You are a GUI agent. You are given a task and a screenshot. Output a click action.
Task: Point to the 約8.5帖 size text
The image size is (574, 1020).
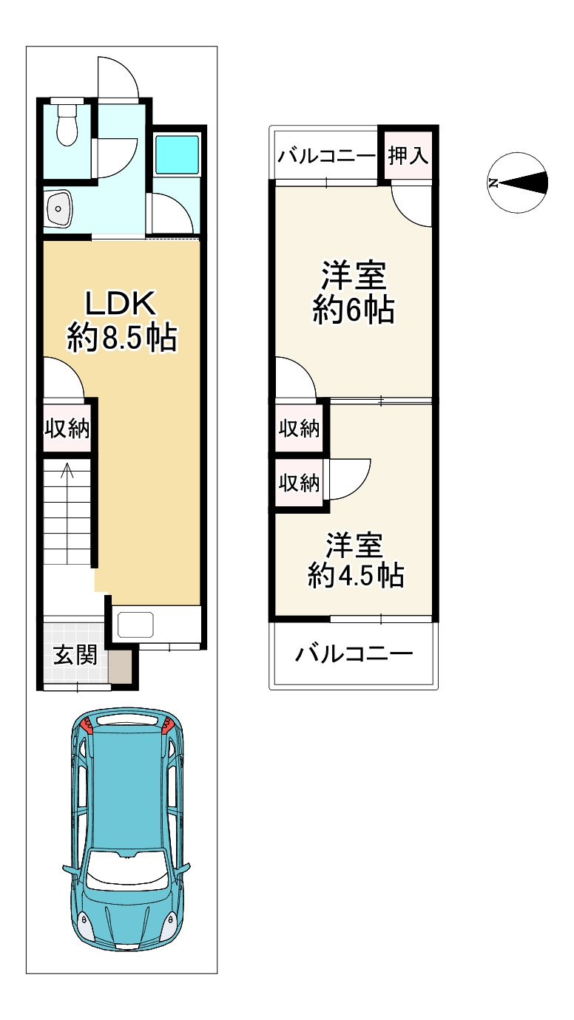click(x=121, y=338)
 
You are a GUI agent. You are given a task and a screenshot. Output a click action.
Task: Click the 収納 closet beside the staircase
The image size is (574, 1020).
click(x=67, y=428)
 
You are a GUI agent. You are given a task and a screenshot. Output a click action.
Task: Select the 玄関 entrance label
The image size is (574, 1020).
click(x=75, y=655)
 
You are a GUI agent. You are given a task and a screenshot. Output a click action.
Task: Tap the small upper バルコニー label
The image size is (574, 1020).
click(x=328, y=157)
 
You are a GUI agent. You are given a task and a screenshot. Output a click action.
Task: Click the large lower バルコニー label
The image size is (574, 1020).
click(x=354, y=654)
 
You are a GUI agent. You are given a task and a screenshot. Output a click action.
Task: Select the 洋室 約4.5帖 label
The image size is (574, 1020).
click(x=355, y=561)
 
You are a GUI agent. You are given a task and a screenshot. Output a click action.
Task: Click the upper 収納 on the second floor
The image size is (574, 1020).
click(x=299, y=427)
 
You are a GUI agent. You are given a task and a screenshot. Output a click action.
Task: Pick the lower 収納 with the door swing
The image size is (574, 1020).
click(x=299, y=483)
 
